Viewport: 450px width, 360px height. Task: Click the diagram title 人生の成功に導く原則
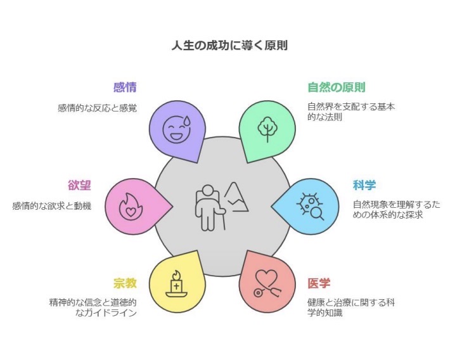[x=229, y=46]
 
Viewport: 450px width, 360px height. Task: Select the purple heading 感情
[x=125, y=87]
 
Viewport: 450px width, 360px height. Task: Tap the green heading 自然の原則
[x=337, y=87]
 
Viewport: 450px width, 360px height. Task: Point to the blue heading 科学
[x=364, y=185]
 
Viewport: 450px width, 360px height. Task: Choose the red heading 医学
[x=319, y=283]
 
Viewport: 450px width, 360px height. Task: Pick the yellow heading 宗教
[x=125, y=283]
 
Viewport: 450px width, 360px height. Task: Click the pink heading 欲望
[x=79, y=185]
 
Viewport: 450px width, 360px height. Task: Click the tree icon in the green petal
[x=267, y=129]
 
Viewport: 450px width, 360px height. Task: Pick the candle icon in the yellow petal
[x=176, y=284]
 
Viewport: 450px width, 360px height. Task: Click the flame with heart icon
[x=131, y=207]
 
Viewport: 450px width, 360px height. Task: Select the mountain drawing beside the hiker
[x=236, y=197]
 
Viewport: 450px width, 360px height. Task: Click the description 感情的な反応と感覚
[x=98, y=108]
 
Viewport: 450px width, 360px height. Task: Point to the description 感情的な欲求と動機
[x=52, y=206]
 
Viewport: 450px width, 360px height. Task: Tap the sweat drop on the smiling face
[x=187, y=120]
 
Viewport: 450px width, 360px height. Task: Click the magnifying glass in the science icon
[x=318, y=214]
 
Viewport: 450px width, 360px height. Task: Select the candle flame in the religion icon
[x=176, y=274]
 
